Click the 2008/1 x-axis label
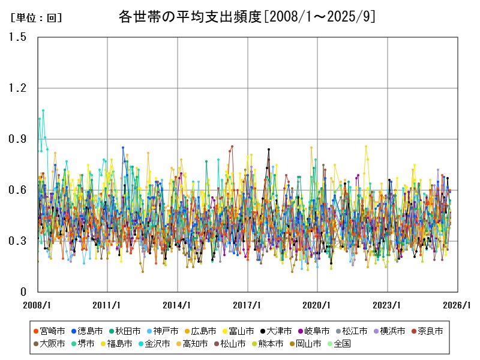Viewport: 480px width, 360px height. (x=37, y=304)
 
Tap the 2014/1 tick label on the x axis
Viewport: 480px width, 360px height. (x=178, y=304)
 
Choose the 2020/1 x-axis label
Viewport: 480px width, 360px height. (x=318, y=304)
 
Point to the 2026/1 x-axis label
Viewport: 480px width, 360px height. (x=458, y=304)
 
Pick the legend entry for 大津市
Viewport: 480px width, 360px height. (x=278, y=331)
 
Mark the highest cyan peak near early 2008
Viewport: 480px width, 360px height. (x=43, y=110)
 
